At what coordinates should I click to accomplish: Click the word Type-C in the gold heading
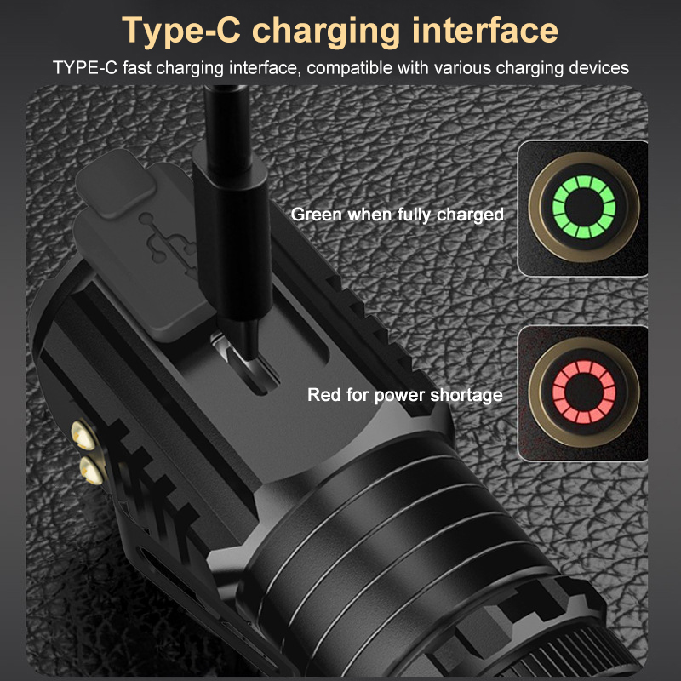pos(181,30)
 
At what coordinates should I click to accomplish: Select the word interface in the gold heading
pos(485,30)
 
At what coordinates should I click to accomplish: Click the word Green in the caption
pos(316,215)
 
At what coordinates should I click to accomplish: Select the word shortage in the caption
pos(466,395)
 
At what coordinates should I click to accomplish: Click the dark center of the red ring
pos(584,392)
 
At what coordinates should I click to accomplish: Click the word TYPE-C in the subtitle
pos(85,68)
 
